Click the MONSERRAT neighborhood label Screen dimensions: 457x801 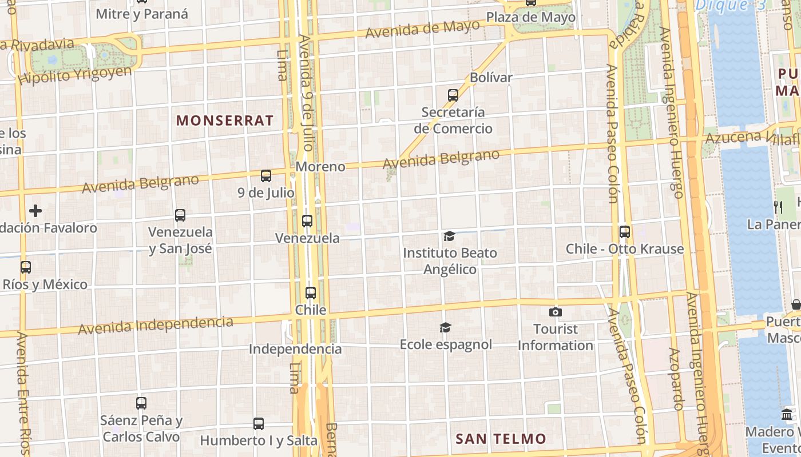pyautogui.click(x=225, y=121)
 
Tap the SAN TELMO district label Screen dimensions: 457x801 pyautogui.click(x=501, y=439)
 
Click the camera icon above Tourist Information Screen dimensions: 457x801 pyautogui.click(x=555, y=312)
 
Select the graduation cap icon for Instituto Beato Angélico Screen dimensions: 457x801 pyautogui.click(x=449, y=236)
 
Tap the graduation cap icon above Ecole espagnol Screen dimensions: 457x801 pyautogui.click(x=445, y=327)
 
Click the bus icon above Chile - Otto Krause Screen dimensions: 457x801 pyautogui.click(x=625, y=232)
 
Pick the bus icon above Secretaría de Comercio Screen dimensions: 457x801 pyautogui.click(x=453, y=95)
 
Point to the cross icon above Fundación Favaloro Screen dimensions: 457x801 pyautogui.click(x=35, y=211)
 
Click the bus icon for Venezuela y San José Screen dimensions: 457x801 pyautogui.click(x=180, y=215)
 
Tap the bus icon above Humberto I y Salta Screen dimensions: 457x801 pyautogui.click(x=259, y=424)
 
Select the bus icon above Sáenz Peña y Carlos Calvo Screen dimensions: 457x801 pyautogui.click(x=141, y=403)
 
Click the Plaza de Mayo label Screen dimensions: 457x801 pyautogui.click(x=530, y=18)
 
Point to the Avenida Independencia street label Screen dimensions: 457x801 pyautogui.click(x=156, y=326)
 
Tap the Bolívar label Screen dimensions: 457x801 pyautogui.click(x=491, y=77)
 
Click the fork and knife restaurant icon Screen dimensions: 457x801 pyautogui.click(x=778, y=207)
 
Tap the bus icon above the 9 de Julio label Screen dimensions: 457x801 pyautogui.click(x=266, y=176)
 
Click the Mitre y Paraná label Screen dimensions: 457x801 pyautogui.click(x=142, y=14)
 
